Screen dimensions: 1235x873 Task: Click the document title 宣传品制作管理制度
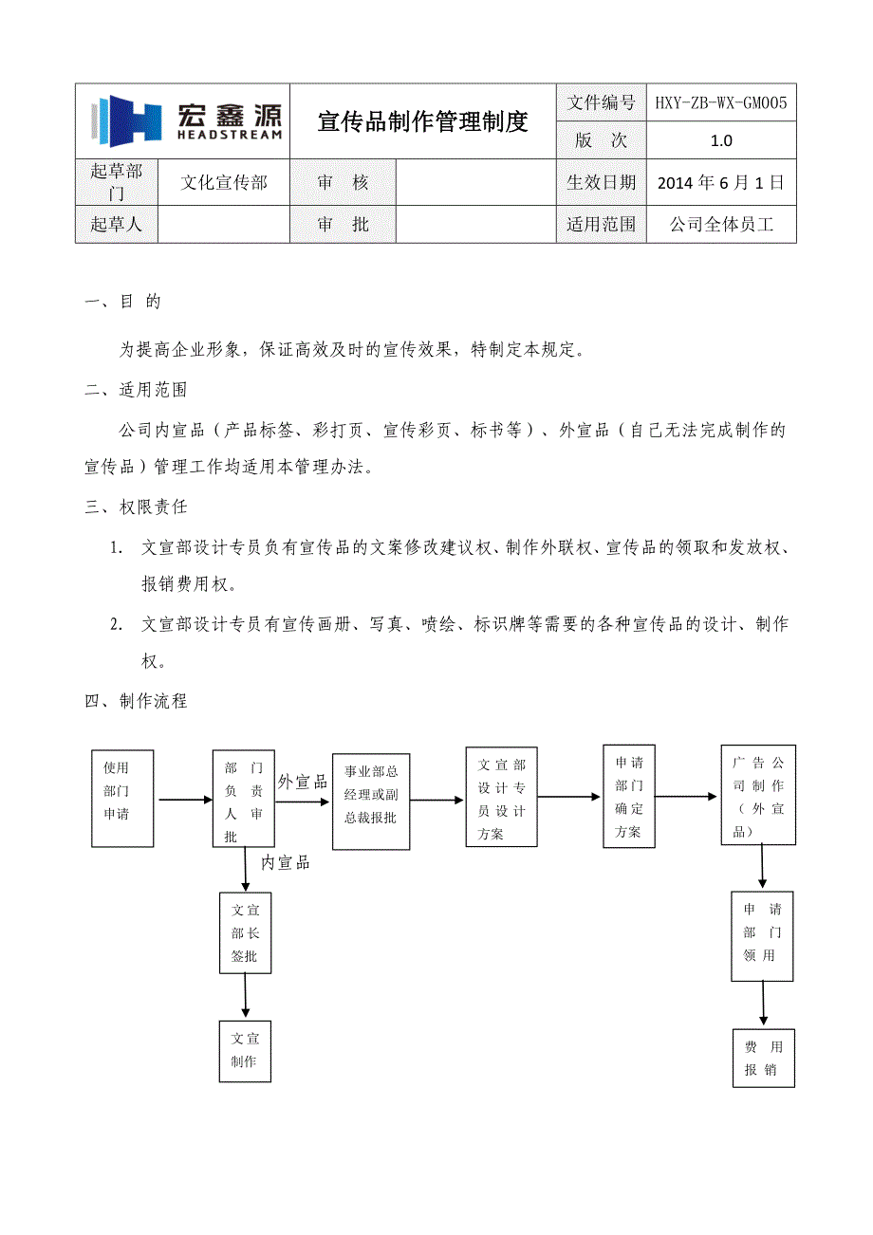click(422, 121)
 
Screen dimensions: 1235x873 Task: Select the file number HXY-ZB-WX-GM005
click(721, 102)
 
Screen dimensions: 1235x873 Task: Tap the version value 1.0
click(721, 140)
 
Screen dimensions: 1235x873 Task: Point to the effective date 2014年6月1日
click(721, 182)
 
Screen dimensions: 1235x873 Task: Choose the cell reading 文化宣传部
click(224, 182)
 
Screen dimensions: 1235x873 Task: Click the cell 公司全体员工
click(721, 225)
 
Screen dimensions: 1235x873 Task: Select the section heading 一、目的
click(123, 302)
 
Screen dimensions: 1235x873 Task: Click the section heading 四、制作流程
click(136, 701)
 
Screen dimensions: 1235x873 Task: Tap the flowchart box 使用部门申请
click(122, 798)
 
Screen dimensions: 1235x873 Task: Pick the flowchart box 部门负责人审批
click(243, 800)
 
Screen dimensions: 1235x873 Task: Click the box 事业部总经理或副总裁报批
click(371, 802)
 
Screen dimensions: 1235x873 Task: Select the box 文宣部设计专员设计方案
click(501, 797)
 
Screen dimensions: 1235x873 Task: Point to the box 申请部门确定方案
click(628, 796)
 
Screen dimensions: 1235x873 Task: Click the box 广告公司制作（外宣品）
click(757, 795)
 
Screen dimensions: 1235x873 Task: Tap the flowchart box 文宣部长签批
click(245, 932)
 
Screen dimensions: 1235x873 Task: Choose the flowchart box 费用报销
click(763, 1058)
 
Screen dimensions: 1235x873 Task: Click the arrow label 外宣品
click(302, 783)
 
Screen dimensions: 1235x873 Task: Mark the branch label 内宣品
click(285, 863)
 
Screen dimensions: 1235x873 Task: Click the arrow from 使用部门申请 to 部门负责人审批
click(185, 800)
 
